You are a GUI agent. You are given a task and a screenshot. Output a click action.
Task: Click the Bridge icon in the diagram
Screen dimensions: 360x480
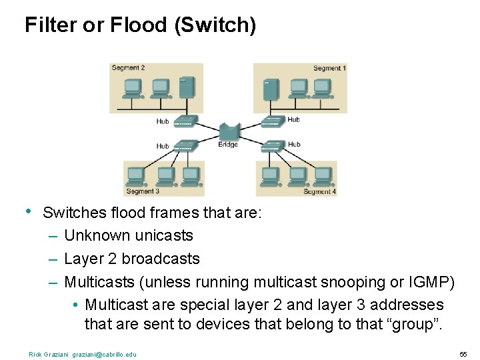click(x=229, y=132)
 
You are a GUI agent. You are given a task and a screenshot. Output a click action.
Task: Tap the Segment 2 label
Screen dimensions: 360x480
click(x=128, y=68)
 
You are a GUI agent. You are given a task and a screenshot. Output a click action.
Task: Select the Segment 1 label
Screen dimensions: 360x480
click(x=329, y=68)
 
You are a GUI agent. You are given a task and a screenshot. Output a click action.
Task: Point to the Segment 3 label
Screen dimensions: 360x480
click(x=143, y=191)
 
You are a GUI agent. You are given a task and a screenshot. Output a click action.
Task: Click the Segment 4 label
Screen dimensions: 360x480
click(x=319, y=191)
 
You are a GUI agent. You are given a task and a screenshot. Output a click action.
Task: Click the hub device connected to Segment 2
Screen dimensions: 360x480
click(x=184, y=121)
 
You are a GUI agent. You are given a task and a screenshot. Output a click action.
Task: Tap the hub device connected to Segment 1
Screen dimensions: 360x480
click(x=273, y=121)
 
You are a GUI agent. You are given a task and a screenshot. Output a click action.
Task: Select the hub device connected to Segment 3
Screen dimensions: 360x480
click(x=184, y=145)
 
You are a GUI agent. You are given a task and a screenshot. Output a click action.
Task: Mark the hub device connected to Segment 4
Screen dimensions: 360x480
click(x=273, y=145)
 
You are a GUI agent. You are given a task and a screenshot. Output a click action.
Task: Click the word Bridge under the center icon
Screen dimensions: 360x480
click(x=228, y=145)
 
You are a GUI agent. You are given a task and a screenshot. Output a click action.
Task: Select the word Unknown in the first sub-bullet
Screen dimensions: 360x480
click(x=97, y=236)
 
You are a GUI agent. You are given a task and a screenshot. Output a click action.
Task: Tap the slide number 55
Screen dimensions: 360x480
click(x=463, y=354)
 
